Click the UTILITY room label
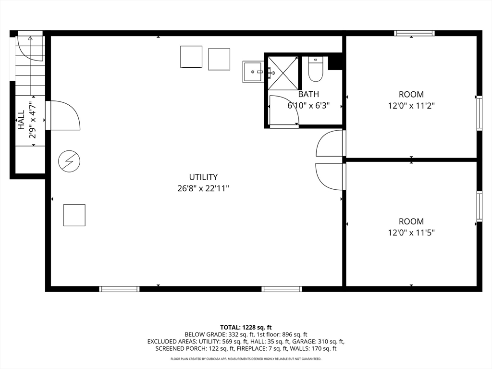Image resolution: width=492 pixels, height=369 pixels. pos(203,177)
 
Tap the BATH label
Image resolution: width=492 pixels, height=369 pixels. pos(308,94)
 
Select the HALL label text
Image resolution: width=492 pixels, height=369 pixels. pos(21,120)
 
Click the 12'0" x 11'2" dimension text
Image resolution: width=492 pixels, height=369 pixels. pos(411,106)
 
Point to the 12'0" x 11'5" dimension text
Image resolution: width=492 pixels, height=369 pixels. pos(411,233)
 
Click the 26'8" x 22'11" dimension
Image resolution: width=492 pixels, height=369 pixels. pos(203,188)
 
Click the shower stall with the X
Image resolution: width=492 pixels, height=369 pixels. pos(283,74)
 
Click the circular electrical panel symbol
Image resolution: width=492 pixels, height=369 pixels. pos(69,161)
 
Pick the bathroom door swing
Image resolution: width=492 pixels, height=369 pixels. pos(284,111)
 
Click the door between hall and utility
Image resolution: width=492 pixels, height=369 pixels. pos(63,115)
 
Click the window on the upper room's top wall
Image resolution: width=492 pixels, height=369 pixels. pos(414,33)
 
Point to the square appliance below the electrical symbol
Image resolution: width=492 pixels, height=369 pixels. pos(74,215)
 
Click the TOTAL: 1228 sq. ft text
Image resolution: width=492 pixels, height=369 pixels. pos(246,328)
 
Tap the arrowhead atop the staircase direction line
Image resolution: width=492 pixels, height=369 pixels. pos(30,38)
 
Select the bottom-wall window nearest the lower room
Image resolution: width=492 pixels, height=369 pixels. pos(282,289)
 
